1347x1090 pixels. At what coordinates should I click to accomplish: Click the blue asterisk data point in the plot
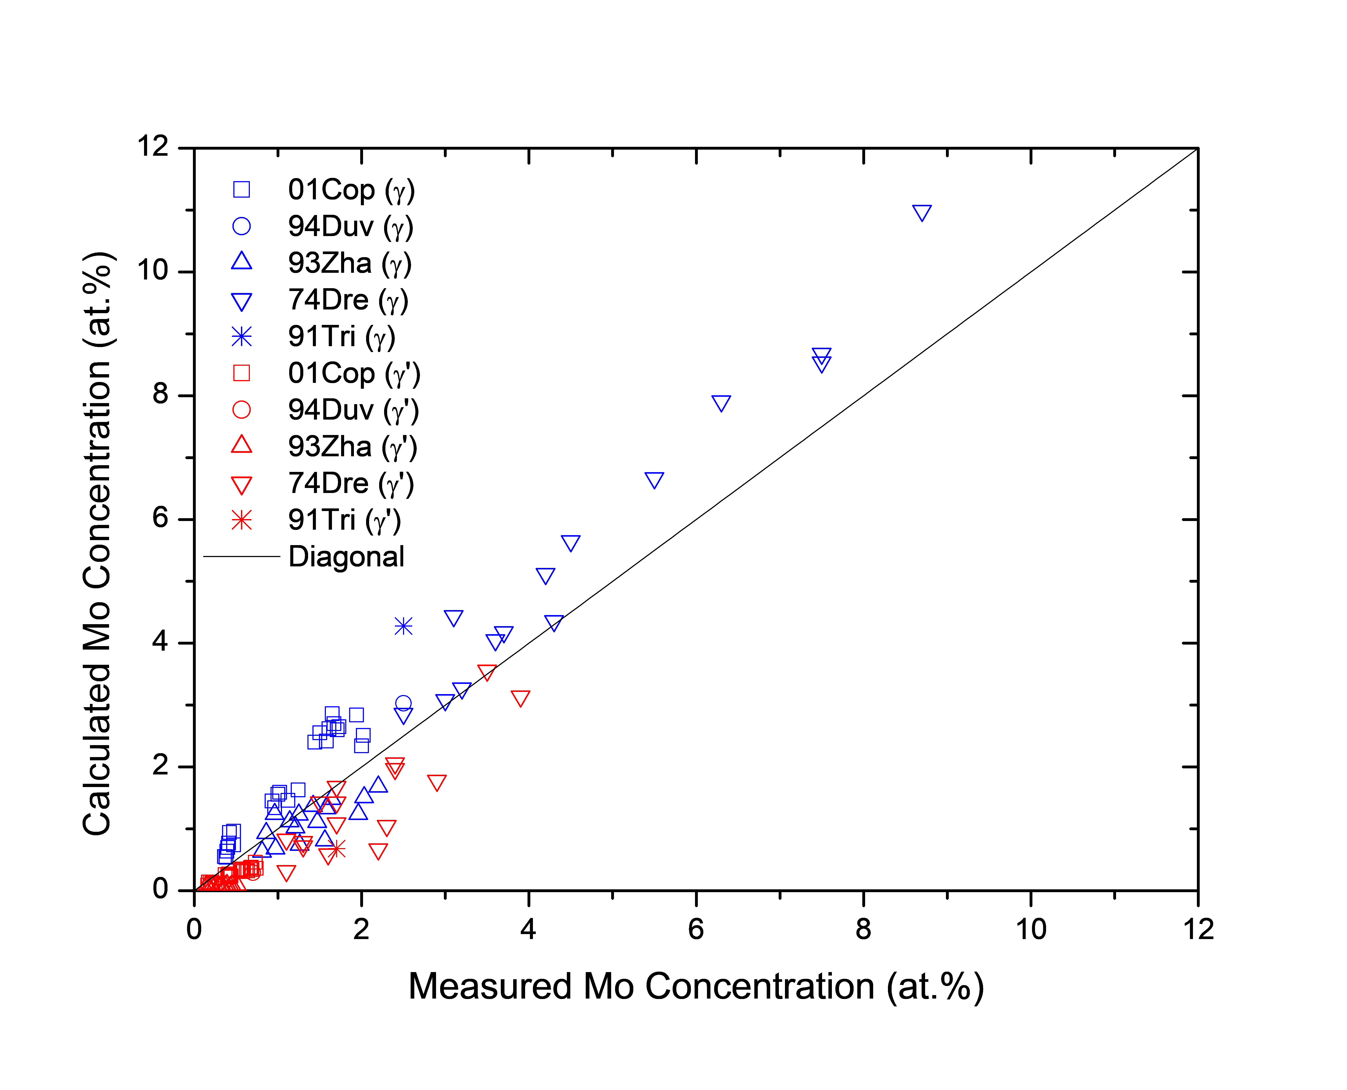(x=403, y=626)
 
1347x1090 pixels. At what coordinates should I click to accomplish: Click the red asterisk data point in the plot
(x=337, y=850)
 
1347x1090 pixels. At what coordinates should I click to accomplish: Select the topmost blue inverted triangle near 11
(x=921, y=213)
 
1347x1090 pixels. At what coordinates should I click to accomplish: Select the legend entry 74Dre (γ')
(x=350, y=483)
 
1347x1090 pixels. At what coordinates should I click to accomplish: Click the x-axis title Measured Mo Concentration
(x=695, y=986)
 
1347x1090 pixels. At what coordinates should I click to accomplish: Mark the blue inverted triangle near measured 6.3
(x=721, y=403)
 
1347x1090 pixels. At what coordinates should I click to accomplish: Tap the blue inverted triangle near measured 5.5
(x=654, y=480)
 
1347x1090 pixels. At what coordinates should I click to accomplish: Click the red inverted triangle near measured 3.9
(x=520, y=698)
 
